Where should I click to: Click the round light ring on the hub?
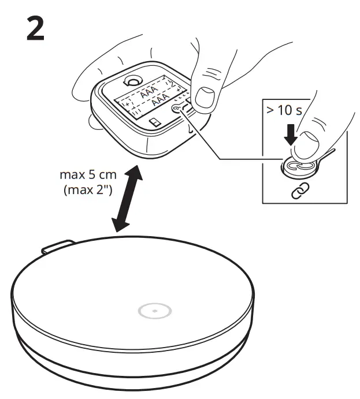(154, 312)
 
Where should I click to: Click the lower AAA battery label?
(158, 105)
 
